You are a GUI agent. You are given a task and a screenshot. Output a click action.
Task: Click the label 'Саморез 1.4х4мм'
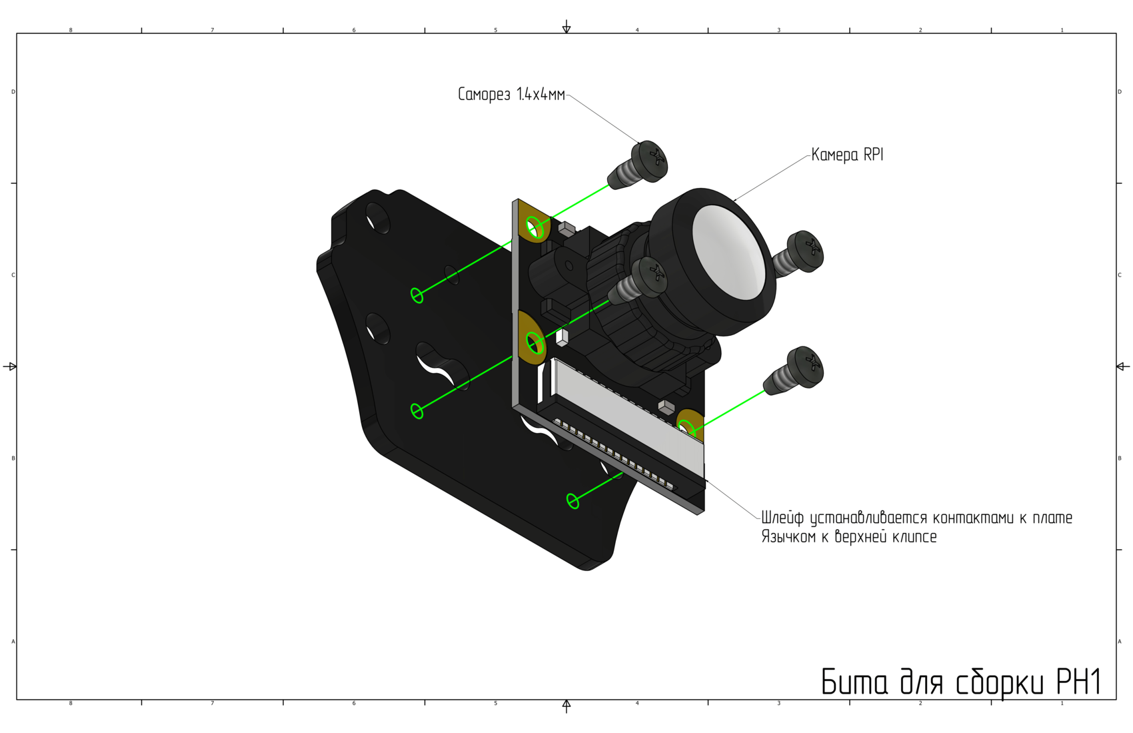click(511, 95)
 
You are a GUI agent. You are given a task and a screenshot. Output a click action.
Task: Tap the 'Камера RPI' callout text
click(847, 155)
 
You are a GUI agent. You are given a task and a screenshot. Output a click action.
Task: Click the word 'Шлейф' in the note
click(783, 518)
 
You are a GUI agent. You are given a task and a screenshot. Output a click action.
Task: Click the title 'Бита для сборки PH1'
click(961, 682)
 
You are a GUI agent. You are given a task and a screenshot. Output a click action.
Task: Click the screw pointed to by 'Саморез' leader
click(640, 165)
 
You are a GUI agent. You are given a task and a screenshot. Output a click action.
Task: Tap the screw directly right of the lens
click(800, 253)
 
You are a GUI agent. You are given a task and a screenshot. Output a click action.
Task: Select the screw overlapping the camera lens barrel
click(640, 281)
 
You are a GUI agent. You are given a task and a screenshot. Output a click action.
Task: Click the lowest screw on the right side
click(797, 369)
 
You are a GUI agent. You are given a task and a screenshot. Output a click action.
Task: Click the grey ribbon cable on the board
click(626, 414)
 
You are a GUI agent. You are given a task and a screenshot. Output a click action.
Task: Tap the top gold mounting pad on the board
click(534, 223)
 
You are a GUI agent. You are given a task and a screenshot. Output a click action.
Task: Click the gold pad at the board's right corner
click(689, 425)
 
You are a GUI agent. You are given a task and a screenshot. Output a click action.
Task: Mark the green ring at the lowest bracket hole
click(572, 501)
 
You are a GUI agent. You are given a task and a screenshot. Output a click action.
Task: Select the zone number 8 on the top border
click(71, 30)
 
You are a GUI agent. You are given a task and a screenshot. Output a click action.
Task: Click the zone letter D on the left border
click(13, 92)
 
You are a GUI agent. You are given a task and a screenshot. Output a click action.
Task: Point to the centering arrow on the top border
click(566, 27)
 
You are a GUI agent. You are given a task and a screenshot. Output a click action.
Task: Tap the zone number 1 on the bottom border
click(1062, 703)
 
